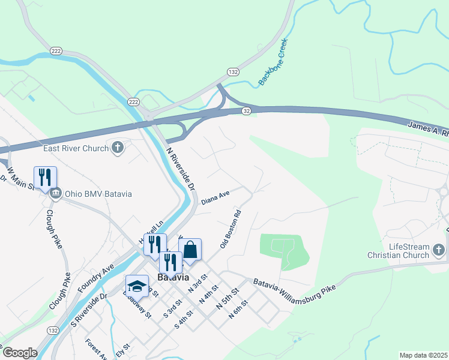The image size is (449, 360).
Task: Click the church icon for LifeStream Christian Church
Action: coord(439,248)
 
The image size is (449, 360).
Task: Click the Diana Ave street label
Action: coord(215,197)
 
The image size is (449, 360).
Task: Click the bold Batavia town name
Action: coord(173,277)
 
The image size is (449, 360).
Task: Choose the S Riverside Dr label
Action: coord(88,312)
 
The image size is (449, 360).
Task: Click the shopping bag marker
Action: coord(190,250)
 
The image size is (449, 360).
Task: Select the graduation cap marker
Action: coord(137,286)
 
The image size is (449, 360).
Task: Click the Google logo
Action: coord(20,352)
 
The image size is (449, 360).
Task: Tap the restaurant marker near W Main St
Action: coord(46,177)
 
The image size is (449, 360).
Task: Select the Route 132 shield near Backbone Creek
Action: coord(233,71)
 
